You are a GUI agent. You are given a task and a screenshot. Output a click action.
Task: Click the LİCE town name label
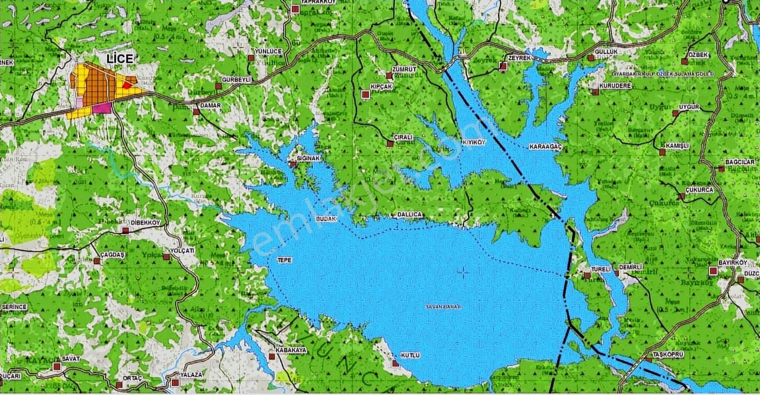[x=119, y=59]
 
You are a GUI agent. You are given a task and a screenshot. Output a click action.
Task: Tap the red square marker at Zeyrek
[x=503, y=66]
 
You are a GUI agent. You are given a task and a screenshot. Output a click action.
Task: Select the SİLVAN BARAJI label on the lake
[x=443, y=307]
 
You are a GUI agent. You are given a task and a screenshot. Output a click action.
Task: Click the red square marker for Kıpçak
[x=365, y=95]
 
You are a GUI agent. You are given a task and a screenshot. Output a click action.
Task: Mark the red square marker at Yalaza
[x=175, y=383]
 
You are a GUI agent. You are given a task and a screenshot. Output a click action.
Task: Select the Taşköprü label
[x=668, y=355]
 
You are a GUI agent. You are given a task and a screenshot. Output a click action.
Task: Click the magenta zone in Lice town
[x=102, y=108]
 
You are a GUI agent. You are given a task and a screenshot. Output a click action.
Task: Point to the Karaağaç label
[x=545, y=146]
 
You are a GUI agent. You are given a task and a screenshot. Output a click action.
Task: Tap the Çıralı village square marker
[x=389, y=143]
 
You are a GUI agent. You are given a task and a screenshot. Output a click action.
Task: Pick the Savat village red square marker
[x=57, y=366]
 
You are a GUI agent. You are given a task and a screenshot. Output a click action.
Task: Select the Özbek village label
[x=698, y=54]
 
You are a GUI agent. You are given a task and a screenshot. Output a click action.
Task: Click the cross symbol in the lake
[x=463, y=274]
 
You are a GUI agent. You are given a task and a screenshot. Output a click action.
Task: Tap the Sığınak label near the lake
[x=309, y=159]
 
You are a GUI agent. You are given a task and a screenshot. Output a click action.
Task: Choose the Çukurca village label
[x=699, y=189]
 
